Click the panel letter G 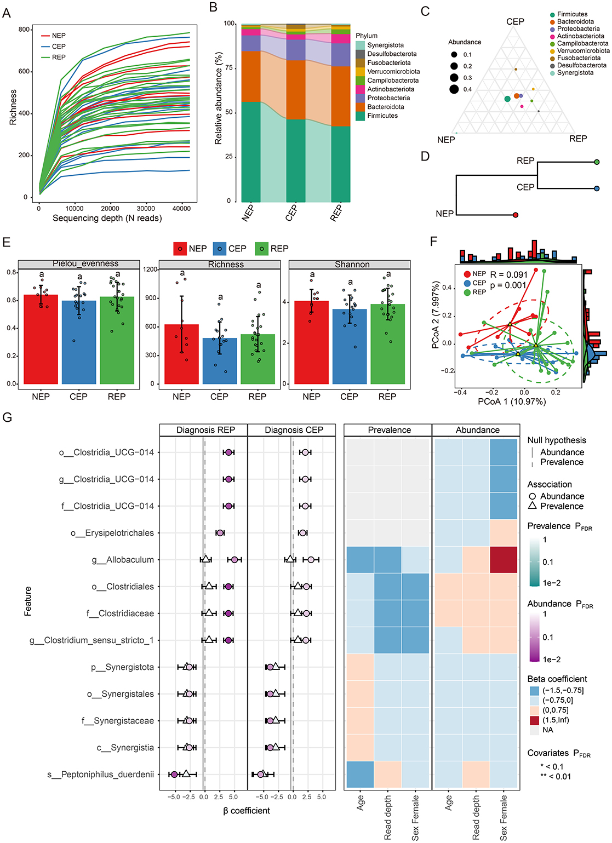click(x=7, y=418)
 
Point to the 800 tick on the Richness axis click(x=24, y=30)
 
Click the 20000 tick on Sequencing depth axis click(x=110, y=208)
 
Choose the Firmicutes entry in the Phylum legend click(x=382, y=116)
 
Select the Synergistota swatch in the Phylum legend click(x=361, y=45)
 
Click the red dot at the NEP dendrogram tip click(x=515, y=215)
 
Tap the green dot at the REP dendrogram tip click(x=597, y=162)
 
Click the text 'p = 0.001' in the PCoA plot click(x=508, y=285)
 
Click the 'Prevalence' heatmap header click(x=389, y=430)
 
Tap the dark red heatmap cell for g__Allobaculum click(x=504, y=560)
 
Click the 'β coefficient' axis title click(x=247, y=811)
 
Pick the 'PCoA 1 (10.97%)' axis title click(x=512, y=402)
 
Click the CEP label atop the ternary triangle click(x=515, y=22)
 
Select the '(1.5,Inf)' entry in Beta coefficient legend click(x=556, y=720)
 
